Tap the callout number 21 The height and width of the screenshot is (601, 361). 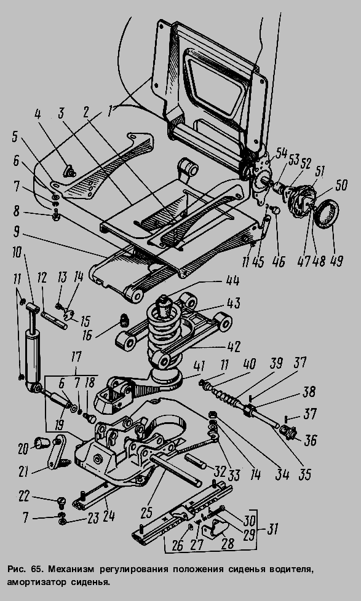coord(24,471)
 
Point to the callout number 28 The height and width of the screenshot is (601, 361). coord(228,543)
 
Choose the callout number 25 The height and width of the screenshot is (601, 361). coord(146,513)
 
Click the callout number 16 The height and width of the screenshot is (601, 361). coord(87,335)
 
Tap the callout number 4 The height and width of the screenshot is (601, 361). coord(37,114)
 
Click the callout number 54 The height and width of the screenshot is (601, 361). coord(281,153)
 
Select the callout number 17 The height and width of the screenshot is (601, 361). coord(76,357)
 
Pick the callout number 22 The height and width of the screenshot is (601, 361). coord(24,497)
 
